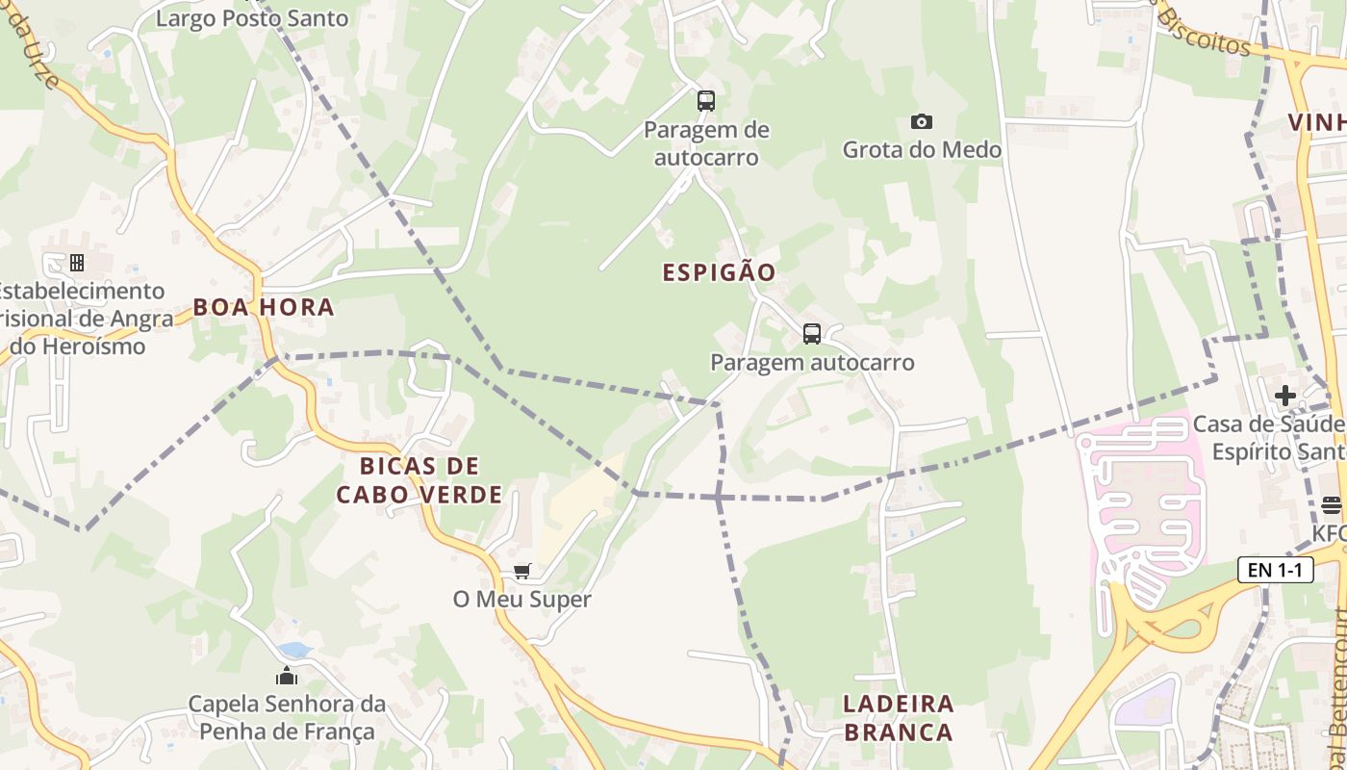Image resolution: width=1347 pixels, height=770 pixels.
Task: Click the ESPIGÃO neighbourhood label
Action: pyautogui.click(x=719, y=272)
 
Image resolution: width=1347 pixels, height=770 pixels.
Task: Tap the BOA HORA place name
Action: pyautogui.click(x=264, y=307)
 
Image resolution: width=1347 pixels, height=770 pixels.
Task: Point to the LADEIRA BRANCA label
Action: pyautogui.click(x=898, y=717)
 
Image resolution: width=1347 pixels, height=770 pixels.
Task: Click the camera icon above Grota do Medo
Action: pyautogui.click(x=922, y=121)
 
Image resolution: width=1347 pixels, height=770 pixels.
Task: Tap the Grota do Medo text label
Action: pyautogui.click(x=922, y=149)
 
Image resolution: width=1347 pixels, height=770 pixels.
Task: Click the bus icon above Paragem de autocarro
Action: pyautogui.click(x=706, y=100)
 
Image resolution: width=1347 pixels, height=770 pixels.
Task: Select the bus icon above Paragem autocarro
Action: pyautogui.click(x=812, y=334)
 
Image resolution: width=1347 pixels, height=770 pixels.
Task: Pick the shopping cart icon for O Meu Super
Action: pyautogui.click(x=522, y=572)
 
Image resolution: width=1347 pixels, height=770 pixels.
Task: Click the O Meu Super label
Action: pyautogui.click(x=522, y=599)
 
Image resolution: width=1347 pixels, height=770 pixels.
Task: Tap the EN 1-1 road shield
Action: pyautogui.click(x=1276, y=570)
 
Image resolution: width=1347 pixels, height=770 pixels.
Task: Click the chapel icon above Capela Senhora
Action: pyautogui.click(x=287, y=676)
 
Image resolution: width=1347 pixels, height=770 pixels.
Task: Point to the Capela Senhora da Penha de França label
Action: pyautogui.click(x=287, y=718)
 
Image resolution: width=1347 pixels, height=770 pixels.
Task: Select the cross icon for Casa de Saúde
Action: pyautogui.click(x=1284, y=395)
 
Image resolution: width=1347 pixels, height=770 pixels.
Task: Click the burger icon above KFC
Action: pyautogui.click(x=1332, y=504)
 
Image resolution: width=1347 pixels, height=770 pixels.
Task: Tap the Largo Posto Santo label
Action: pyautogui.click(x=251, y=17)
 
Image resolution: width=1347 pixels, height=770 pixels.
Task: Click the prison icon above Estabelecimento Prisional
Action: pyautogui.click(x=77, y=262)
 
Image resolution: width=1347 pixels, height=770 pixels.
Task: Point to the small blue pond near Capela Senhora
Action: pyautogui.click(x=294, y=651)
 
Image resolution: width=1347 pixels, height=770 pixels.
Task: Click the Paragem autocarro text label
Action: pyautogui.click(x=812, y=363)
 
